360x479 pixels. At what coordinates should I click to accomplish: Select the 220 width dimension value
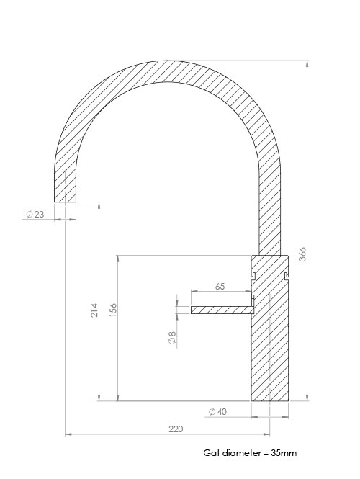[175, 429]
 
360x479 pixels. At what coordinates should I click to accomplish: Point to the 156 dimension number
[113, 308]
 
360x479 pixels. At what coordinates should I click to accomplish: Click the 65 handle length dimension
[220, 286]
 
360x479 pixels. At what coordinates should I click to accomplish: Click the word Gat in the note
[210, 453]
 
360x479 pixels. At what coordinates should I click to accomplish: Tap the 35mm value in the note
[283, 453]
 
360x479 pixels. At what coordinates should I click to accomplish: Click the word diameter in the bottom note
[239, 453]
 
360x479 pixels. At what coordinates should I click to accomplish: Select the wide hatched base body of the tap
[269, 346]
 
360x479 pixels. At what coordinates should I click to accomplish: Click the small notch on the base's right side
[287, 276]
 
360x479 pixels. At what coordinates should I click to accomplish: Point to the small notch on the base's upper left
[253, 274]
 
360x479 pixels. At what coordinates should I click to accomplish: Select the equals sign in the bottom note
[264, 453]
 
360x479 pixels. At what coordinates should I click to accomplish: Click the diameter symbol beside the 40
[211, 411]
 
